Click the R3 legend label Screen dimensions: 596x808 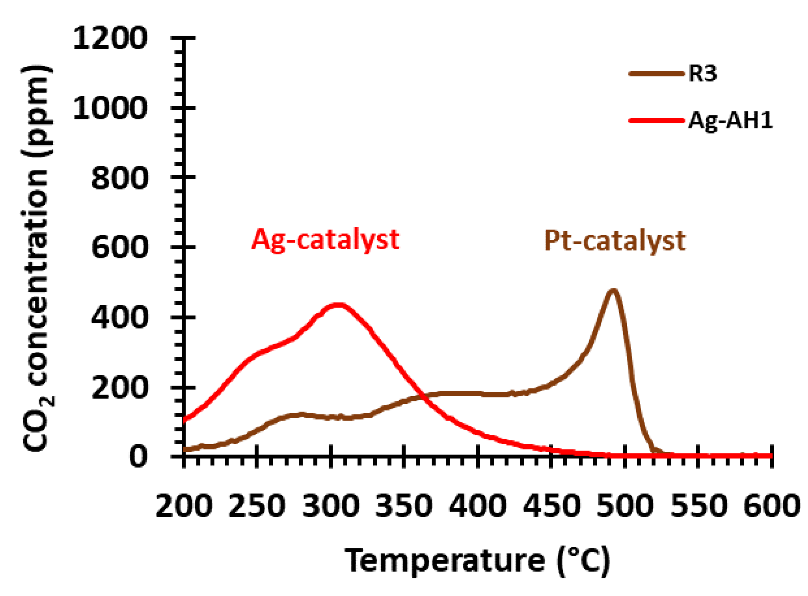pyautogui.click(x=702, y=74)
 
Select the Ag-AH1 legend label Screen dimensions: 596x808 pyautogui.click(x=730, y=120)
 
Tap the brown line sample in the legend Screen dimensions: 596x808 pyautogui.click(x=656, y=74)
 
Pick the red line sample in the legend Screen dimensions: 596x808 pyautogui.click(x=656, y=120)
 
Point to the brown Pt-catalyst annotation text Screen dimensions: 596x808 pyautogui.click(x=615, y=241)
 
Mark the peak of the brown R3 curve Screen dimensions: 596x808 pyautogui.click(x=613, y=290)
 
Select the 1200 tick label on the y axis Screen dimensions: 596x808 pyautogui.click(x=110, y=39)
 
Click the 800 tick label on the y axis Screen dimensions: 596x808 pyautogui.click(x=120, y=178)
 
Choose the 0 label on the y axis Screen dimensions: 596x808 pyautogui.click(x=138, y=457)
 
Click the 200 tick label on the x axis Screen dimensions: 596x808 pyautogui.click(x=184, y=506)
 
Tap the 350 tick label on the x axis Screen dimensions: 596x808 pyautogui.click(x=404, y=506)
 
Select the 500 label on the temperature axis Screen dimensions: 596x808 pyautogui.click(x=624, y=506)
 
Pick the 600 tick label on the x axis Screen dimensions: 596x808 pyautogui.click(x=771, y=506)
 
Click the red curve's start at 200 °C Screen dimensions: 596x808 pyautogui.click(x=185, y=419)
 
